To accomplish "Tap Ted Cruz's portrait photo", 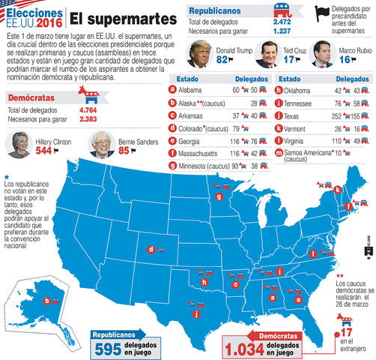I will [267, 55].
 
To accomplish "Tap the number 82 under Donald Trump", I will [222, 59].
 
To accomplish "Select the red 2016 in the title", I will [50, 25].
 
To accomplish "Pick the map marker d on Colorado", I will [151, 250].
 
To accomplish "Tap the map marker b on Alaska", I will [47, 301].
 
